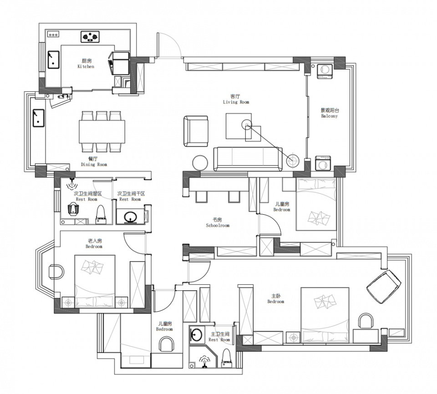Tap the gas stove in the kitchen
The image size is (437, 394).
point(90,36)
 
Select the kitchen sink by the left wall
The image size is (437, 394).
point(53,59)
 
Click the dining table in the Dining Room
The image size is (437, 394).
point(102,131)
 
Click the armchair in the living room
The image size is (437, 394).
point(196,131)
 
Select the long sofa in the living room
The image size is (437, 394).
point(248,159)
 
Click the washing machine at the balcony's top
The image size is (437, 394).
point(325,71)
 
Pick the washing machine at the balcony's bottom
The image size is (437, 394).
point(323,163)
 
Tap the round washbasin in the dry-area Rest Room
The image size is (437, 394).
point(130,217)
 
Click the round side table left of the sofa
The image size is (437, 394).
point(200,163)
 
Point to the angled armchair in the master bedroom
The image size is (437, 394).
point(384,287)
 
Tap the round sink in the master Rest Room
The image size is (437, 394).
point(197,334)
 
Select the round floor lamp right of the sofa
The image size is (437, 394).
point(293,161)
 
